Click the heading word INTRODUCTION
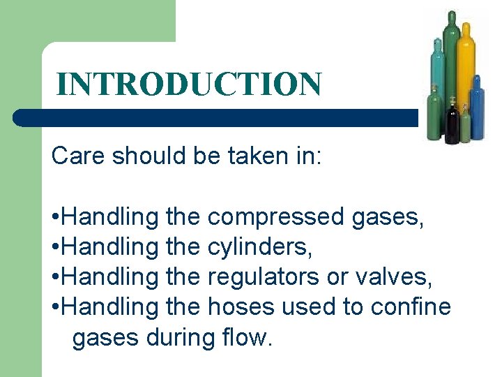(x=189, y=84)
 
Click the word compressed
(x=276, y=217)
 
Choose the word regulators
(x=264, y=277)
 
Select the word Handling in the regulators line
(x=112, y=277)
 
